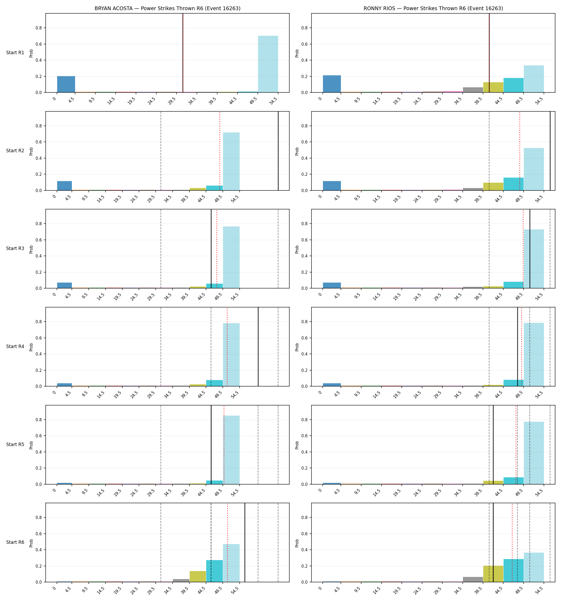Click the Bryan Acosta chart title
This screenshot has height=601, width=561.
click(x=167, y=9)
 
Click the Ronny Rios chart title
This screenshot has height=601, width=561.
click(x=433, y=9)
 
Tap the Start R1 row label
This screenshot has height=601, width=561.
click(x=15, y=53)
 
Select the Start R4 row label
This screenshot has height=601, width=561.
click(x=15, y=346)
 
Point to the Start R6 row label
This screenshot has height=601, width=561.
click(x=15, y=542)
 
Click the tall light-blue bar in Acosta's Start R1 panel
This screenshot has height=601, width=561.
click(x=268, y=64)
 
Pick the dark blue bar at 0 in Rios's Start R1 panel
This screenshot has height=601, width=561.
click(x=332, y=84)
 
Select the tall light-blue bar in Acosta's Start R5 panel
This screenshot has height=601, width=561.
click(x=231, y=450)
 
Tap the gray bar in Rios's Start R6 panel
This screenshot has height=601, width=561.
click(x=473, y=580)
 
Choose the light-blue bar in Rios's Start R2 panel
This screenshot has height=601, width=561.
click(x=534, y=169)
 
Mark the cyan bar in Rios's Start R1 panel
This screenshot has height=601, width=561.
click(x=513, y=85)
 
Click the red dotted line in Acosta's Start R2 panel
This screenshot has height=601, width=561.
click(x=220, y=151)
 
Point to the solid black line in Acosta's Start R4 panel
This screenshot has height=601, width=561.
click(x=258, y=347)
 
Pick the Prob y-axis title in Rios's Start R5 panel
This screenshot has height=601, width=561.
click(x=297, y=445)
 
